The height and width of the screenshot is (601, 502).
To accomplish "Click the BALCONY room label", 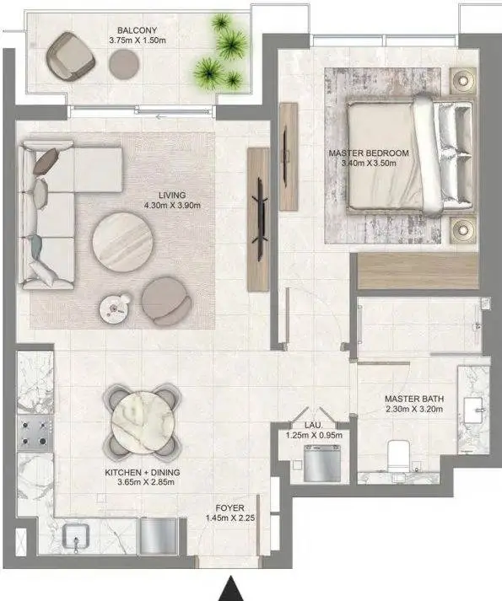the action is [x=137, y=30].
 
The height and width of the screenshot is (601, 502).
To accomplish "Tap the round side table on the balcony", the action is [x=123, y=63].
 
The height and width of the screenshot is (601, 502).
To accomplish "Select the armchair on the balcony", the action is [x=70, y=56].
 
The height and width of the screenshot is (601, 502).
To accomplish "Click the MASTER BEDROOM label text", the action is [x=369, y=153].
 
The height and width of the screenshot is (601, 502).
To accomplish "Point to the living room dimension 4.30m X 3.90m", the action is [x=172, y=206].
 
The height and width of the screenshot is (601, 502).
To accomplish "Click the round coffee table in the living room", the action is [x=123, y=243].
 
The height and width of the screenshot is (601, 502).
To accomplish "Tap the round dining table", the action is [x=143, y=423].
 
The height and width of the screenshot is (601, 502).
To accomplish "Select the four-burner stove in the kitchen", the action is [x=35, y=433].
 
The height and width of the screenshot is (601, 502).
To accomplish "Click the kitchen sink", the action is [x=76, y=537].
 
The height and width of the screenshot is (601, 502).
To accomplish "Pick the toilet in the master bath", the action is [x=398, y=457].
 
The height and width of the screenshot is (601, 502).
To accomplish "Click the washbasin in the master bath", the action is [x=472, y=411].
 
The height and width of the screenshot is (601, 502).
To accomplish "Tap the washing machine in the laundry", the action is [x=322, y=463].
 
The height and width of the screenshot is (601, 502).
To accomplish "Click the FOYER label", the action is [x=229, y=508].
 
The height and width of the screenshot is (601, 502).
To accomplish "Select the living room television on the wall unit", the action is [x=260, y=220].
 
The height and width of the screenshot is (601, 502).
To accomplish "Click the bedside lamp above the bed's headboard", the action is [x=463, y=80].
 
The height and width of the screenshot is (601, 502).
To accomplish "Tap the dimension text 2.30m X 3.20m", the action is [x=414, y=409].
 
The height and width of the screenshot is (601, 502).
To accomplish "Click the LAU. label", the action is [x=314, y=426].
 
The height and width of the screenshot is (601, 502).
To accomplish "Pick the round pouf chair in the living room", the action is [x=166, y=302].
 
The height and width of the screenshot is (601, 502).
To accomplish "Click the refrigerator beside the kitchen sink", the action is [x=159, y=535].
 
